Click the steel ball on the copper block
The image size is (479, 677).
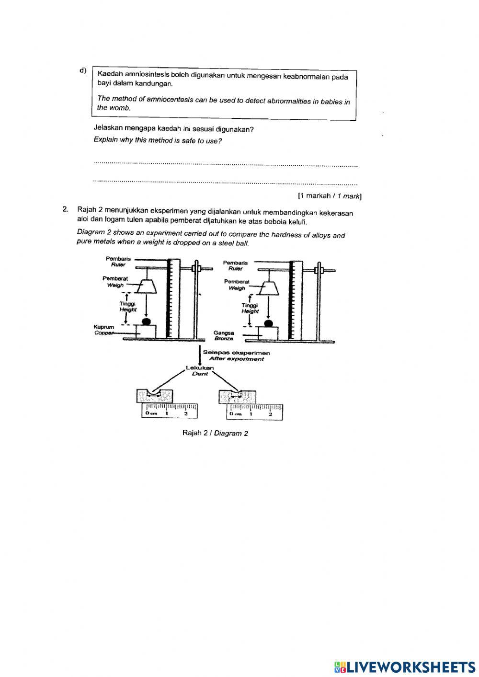pos(147,321)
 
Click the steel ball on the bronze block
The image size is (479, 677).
pos(269,323)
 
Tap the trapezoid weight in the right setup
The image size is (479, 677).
pos(269,288)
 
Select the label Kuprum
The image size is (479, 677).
pos(104,327)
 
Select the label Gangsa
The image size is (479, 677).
pos(224,333)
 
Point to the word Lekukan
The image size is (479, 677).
pos(200,368)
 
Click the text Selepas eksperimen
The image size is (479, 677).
pos(236,353)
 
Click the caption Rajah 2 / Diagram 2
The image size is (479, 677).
pos(215,433)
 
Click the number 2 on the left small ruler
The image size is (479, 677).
pos(185,413)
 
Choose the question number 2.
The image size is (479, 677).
pos(65,209)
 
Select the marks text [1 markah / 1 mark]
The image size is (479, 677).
pos(329,195)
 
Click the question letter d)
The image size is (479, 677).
pos(83,71)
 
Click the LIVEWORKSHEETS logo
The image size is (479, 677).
pos(405,666)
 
